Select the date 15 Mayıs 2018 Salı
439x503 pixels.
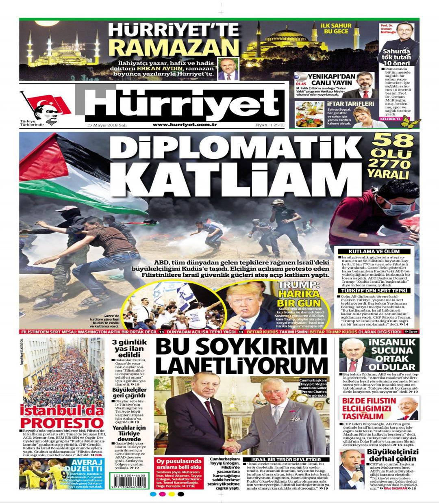(x=106, y=126)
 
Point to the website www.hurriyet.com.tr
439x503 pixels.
(x=185, y=126)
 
